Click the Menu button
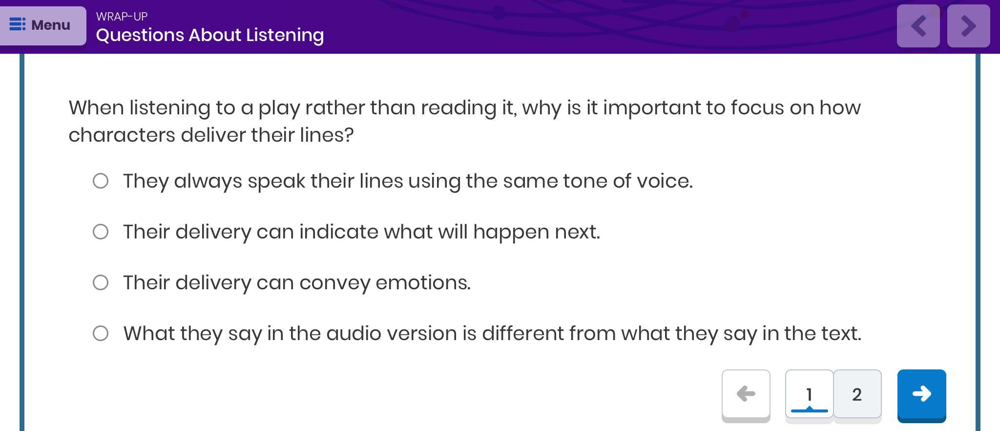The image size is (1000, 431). click(x=43, y=25)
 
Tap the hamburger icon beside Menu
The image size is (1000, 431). click(x=18, y=24)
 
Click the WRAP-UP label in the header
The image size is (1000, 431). click(x=122, y=17)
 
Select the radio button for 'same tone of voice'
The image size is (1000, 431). click(x=101, y=181)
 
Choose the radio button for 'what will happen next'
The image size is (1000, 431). click(x=101, y=232)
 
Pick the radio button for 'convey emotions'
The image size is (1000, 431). click(x=101, y=282)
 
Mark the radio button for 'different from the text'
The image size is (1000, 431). click(x=101, y=333)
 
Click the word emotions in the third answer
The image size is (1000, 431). click(x=423, y=283)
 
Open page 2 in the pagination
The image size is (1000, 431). click(x=857, y=394)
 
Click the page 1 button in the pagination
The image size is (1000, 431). click(x=809, y=394)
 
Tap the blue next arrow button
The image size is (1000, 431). click(x=921, y=394)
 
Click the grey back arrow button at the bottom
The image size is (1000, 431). click(x=746, y=394)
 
